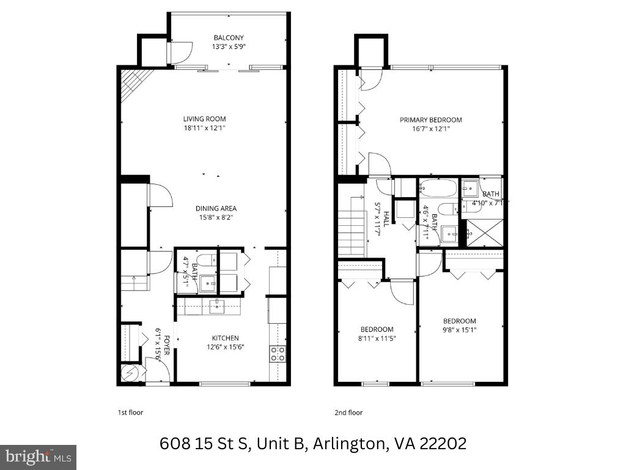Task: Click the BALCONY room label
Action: (x=229, y=38)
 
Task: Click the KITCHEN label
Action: (x=225, y=338)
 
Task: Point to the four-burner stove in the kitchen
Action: (x=277, y=352)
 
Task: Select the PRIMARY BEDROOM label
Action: (x=430, y=120)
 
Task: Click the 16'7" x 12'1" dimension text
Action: (x=430, y=129)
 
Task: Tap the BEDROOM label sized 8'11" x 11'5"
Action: (x=376, y=329)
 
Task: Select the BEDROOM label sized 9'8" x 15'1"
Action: (x=459, y=321)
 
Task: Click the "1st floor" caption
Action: (x=130, y=412)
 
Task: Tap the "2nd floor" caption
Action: (x=348, y=412)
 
